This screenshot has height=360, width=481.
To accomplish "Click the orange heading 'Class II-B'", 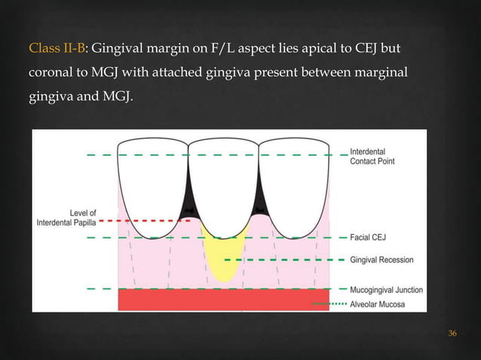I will [57, 50].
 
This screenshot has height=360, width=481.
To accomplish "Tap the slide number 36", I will [452, 334].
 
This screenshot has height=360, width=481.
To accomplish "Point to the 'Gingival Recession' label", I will [382, 260].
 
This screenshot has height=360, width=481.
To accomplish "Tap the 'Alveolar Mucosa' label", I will [378, 304].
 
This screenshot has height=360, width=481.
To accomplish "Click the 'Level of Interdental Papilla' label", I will [66, 218].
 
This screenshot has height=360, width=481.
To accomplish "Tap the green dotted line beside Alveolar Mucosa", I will [329, 304].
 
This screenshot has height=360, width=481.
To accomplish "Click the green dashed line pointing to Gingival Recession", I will [286, 260].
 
